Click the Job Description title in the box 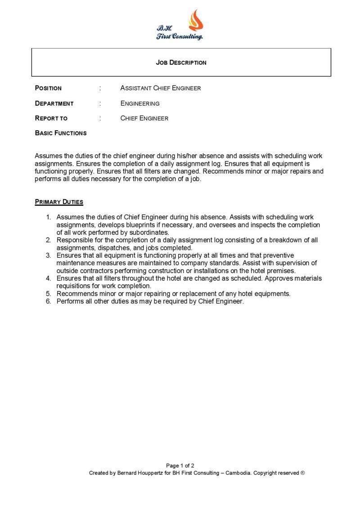coord(181,63)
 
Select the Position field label coord(48,88)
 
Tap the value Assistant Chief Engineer coord(160,88)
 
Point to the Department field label coord(54,103)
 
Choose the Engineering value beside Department coord(140,103)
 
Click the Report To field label coord(51,118)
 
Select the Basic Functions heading coord(61,133)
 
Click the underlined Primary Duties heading coord(59,202)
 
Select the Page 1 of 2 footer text coord(180,465)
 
